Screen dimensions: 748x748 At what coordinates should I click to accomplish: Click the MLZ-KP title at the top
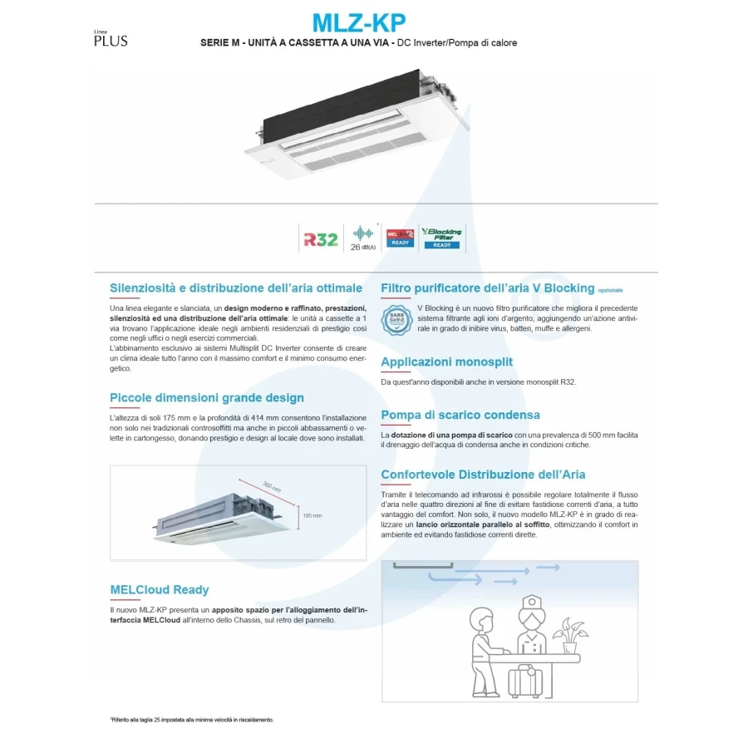359,22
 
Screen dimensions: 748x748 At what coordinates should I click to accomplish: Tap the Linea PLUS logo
111,39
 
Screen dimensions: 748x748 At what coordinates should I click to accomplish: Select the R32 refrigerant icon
320,239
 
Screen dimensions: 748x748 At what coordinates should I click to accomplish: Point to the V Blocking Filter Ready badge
441,237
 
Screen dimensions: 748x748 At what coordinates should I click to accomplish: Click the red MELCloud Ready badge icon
401,238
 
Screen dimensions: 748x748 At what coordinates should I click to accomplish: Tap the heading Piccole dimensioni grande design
207,397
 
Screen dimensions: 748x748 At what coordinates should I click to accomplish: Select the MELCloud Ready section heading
160,590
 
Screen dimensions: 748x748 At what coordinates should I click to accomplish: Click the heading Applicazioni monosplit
446,362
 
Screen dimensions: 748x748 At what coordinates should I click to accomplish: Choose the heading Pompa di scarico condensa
460,415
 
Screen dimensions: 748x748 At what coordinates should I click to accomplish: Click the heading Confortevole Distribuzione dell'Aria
483,475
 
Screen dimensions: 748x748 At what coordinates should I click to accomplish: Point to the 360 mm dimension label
272,487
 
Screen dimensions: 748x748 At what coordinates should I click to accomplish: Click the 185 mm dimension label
312,516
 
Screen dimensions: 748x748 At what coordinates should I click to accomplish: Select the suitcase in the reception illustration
525,680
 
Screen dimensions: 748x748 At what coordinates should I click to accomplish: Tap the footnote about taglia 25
192,720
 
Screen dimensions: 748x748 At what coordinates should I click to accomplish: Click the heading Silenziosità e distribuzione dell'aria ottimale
236,288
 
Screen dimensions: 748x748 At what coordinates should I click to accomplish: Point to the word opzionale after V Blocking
610,291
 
